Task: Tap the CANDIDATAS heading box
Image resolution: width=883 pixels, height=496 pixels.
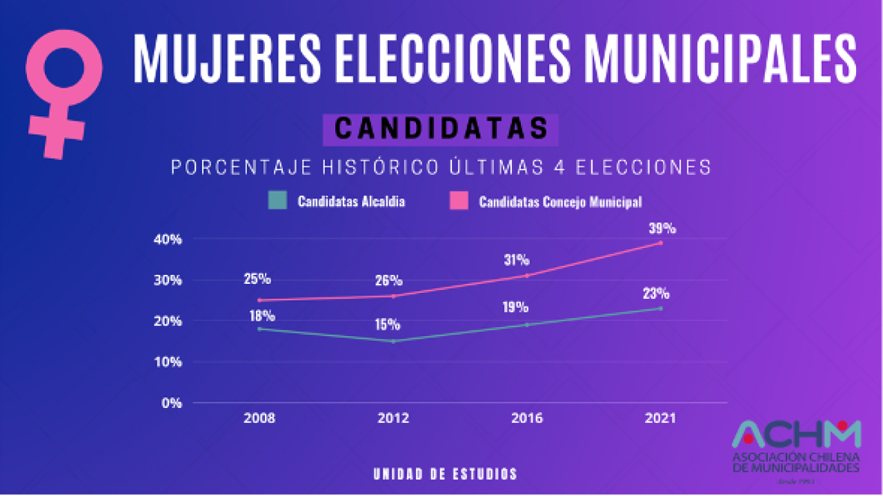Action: click(440, 129)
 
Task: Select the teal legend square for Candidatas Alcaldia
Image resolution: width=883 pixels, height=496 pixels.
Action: click(277, 201)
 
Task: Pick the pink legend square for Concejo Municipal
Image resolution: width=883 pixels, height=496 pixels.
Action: click(459, 201)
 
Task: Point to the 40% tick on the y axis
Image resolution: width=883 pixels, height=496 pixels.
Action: click(168, 239)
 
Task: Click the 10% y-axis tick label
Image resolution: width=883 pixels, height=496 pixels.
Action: click(168, 362)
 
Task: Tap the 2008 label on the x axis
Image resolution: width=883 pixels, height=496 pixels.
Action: click(259, 418)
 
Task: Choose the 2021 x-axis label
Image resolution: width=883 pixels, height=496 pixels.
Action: click(660, 418)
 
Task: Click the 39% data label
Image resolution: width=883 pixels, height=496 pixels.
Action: click(662, 229)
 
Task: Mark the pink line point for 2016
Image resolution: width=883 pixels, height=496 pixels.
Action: click(527, 276)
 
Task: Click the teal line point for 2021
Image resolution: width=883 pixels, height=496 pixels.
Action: click(661, 308)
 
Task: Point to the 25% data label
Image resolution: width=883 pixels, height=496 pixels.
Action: click(257, 279)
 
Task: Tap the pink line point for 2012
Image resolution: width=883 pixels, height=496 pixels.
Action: click(393, 296)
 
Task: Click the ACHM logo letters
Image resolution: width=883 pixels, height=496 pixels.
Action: click(796, 435)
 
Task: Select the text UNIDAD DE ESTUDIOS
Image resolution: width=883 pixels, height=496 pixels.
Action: click(445, 474)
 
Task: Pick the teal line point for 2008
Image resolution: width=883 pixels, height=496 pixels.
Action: click(259, 329)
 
